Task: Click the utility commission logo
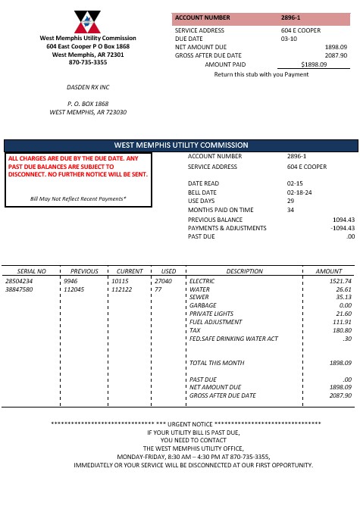(x=87, y=23)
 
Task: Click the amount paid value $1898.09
(x=314, y=65)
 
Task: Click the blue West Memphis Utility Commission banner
(x=180, y=145)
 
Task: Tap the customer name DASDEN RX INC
(x=88, y=87)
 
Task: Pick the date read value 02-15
(x=295, y=183)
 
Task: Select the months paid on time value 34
(x=290, y=210)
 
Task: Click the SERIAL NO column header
(x=32, y=270)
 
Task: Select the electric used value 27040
(x=164, y=281)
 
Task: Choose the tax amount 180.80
(x=342, y=330)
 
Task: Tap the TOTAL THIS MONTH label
(x=217, y=363)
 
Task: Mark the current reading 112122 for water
(x=121, y=289)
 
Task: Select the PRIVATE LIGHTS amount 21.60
(x=343, y=314)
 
